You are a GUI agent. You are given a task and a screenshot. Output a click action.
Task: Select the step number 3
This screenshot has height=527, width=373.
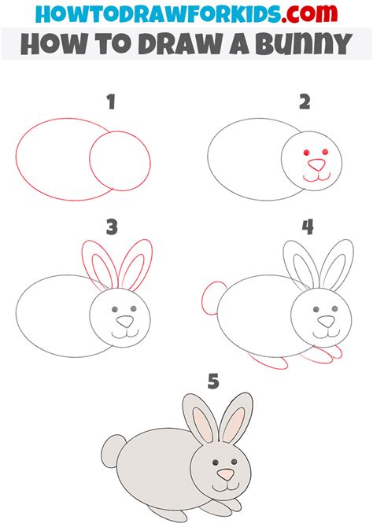[111, 227]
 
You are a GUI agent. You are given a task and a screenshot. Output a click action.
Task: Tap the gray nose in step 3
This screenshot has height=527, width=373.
[125, 321]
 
